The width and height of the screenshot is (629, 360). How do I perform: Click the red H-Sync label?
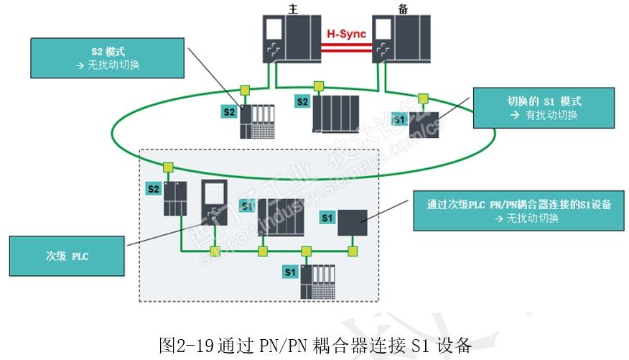(x=346, y=33)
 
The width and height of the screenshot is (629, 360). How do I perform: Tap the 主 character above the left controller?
(x=292, y=9)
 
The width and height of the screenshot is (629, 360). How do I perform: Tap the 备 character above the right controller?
(x=400, y=9)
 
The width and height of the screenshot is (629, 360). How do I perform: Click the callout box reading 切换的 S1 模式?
(x=544, y=108)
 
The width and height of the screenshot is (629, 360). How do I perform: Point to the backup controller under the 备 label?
(x=401, y=39)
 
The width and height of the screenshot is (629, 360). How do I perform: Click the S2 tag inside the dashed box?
(x=153, y=189)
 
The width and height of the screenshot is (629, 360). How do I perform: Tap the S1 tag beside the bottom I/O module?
(x=290, y=272)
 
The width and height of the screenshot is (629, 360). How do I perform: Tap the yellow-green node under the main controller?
(x=245, y=90)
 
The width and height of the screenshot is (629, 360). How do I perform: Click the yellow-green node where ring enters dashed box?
(x=168, y=167)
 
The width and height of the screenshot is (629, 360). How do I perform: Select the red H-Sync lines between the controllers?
(x=347, y=47)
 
